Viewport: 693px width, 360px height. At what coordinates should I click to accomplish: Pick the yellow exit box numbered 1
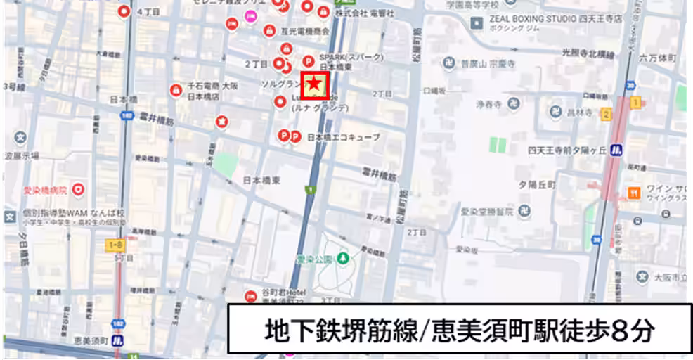point(635,103)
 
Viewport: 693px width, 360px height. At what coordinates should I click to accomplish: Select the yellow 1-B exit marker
point(116,244)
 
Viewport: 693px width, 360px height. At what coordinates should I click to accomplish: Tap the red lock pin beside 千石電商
point(176,90)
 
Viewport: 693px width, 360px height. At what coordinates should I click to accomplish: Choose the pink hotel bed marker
point(250,15)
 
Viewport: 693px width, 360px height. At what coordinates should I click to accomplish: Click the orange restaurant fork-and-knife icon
point(635,192)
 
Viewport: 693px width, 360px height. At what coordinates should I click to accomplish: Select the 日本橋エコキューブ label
point(344,137)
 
